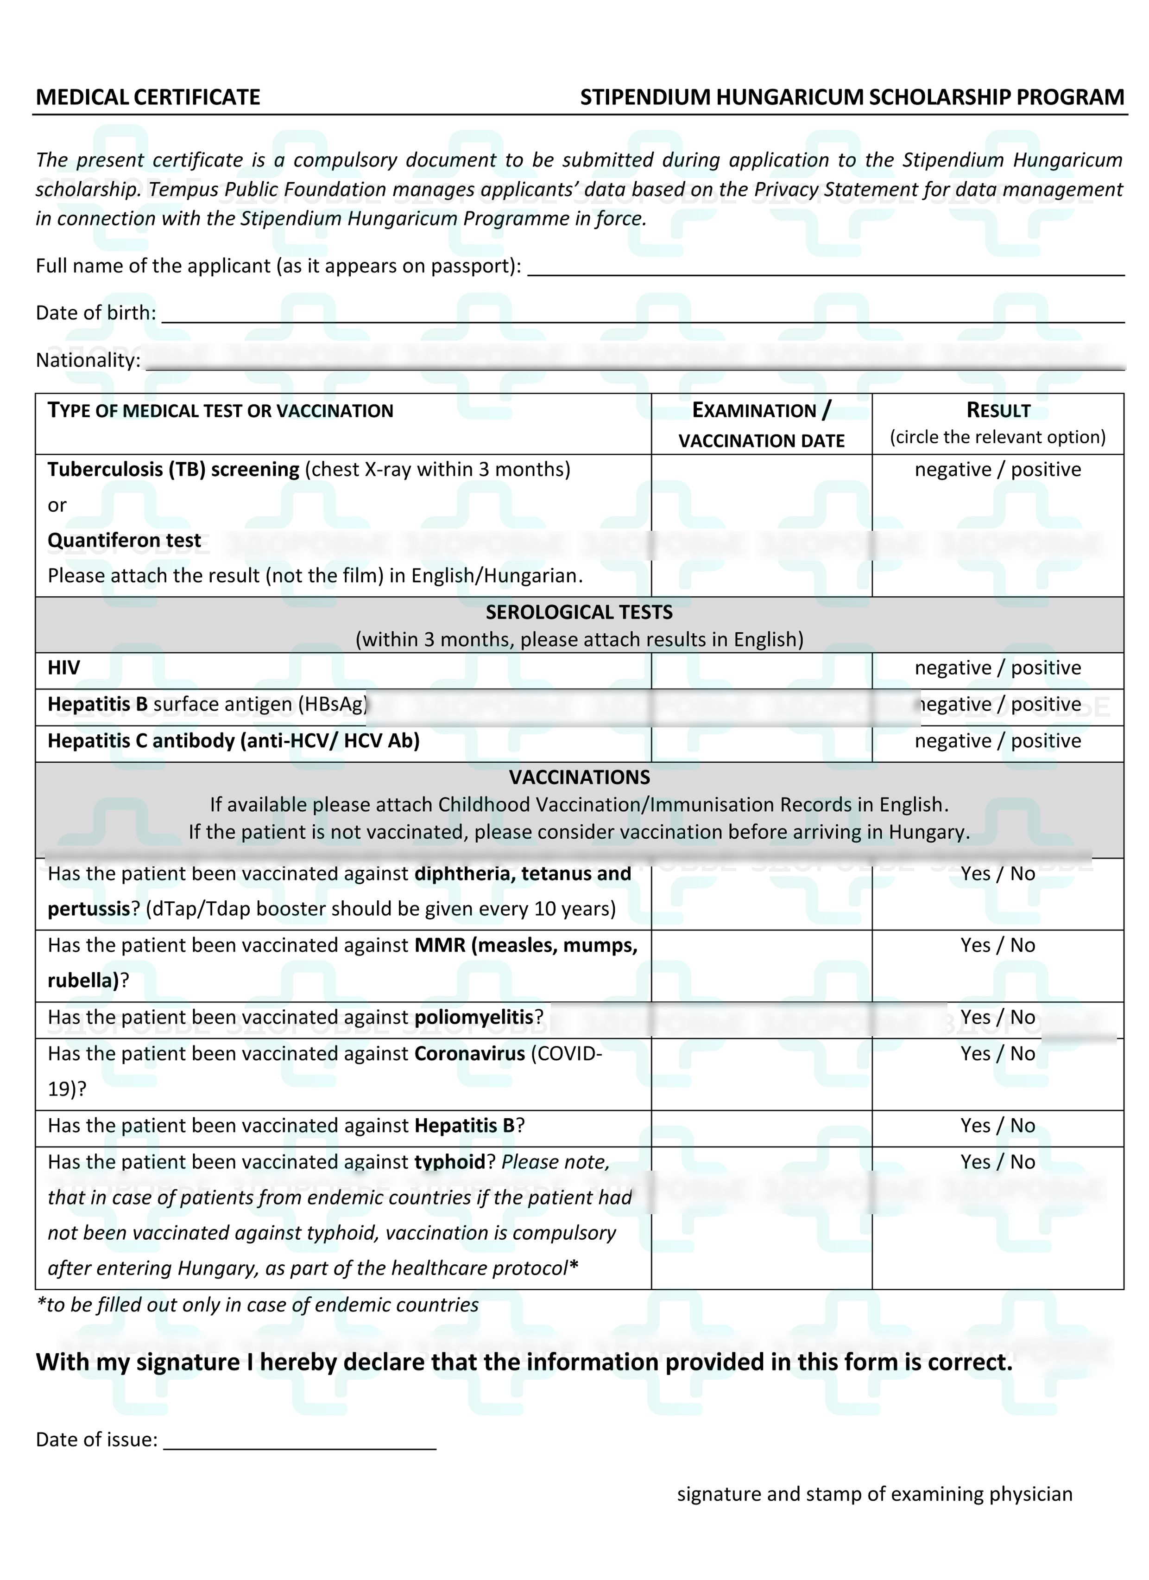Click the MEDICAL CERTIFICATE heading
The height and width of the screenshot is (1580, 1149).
tap(148, 97)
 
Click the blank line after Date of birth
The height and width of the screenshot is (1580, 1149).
tap(642, 316)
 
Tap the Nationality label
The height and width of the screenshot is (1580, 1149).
tap(88, 360)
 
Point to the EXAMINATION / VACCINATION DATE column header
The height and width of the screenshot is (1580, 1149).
tap(761, 425)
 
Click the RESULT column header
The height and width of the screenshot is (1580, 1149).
tap(998, 410)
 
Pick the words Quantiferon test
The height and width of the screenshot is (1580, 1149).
tap(124, 541)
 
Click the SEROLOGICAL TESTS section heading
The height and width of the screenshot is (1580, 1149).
tap(579, 612)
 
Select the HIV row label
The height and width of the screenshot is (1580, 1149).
tap(63, 668)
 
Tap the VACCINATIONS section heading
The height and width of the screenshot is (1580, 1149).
tap(579, 777)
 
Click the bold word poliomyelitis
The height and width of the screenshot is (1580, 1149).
tap(473, 1018)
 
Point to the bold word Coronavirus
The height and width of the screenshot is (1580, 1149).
tap(469, 1054)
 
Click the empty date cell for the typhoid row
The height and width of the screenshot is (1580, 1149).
tap(761, 1218)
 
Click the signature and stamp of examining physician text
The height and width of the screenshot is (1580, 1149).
tap(875, 1494)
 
